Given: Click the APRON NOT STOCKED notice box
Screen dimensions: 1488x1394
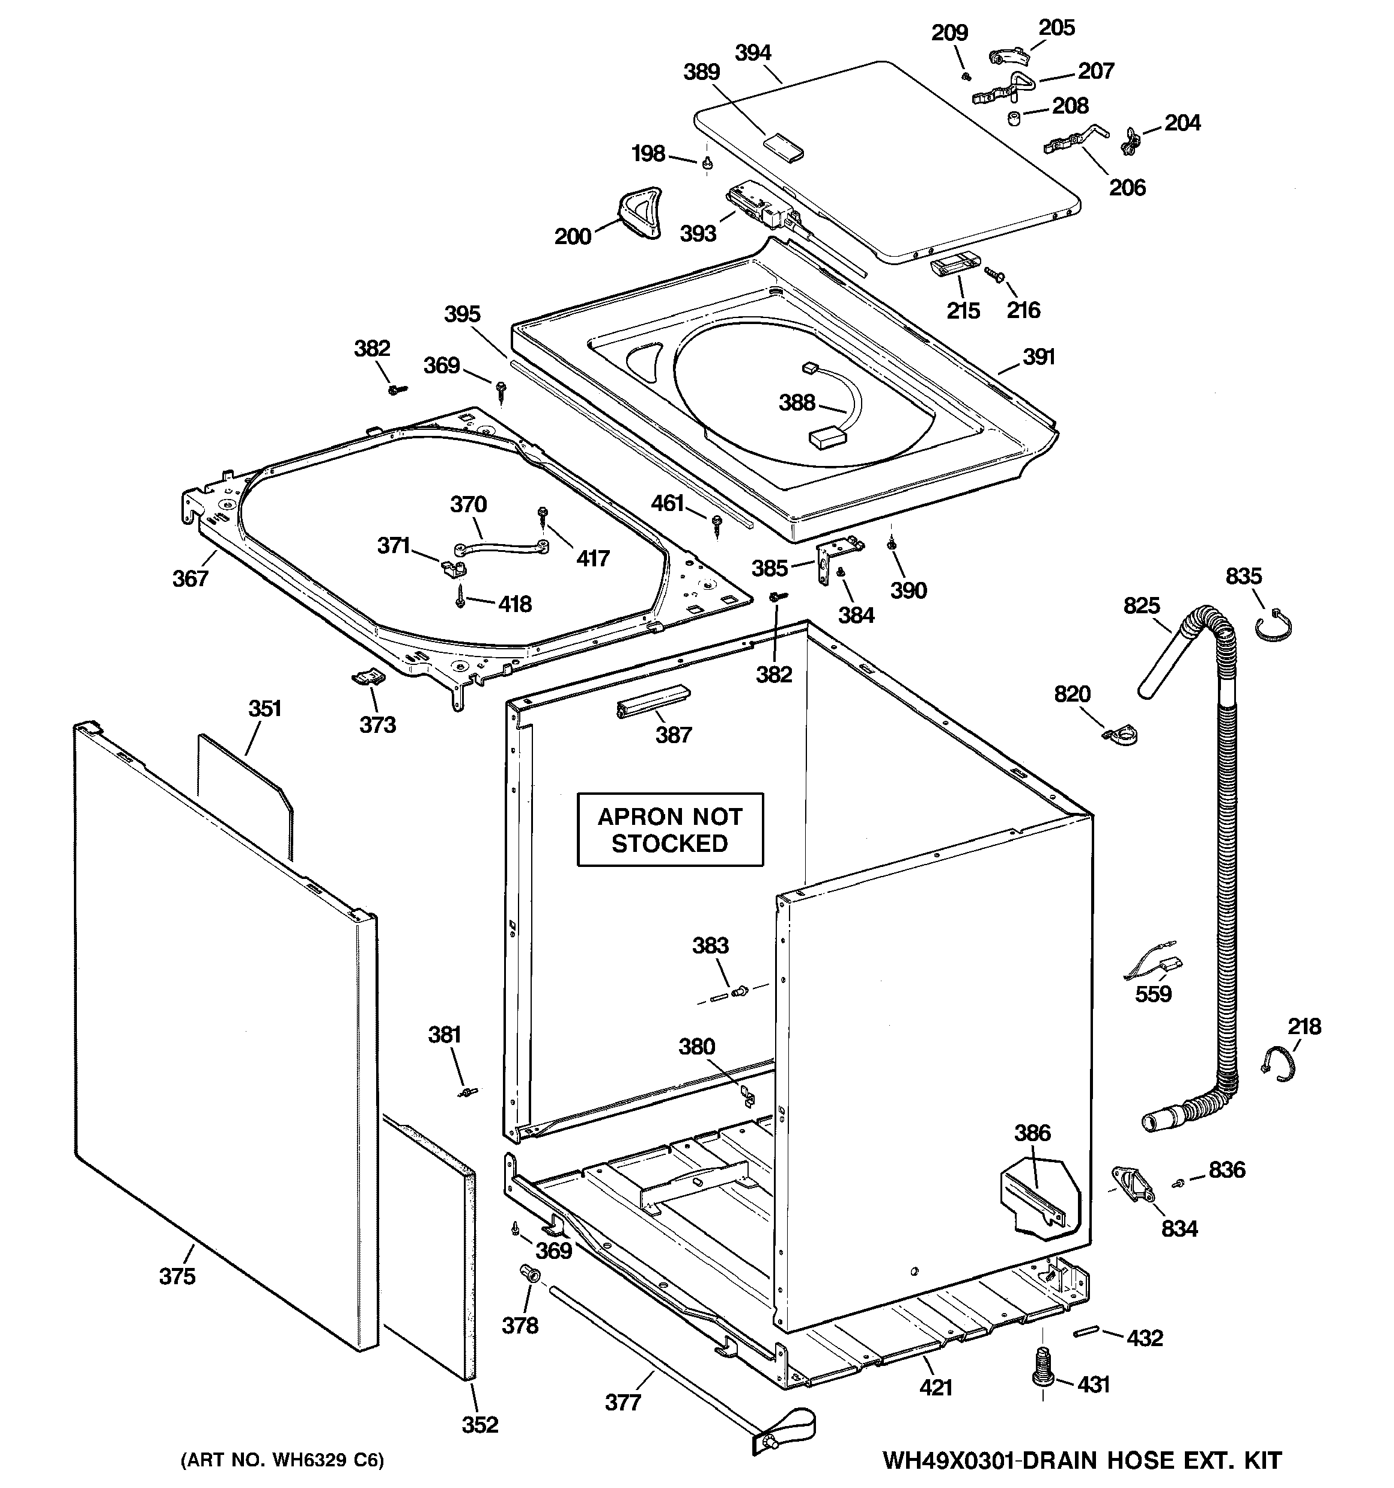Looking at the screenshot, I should (670, 829).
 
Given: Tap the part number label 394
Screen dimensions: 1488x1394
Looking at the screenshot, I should (753, 53).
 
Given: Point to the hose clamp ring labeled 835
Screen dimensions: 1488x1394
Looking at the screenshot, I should (1274, 626).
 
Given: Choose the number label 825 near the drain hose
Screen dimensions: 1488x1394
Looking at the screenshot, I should (1141, 605).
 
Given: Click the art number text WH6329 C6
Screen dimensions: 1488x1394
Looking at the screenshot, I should (282, 1460).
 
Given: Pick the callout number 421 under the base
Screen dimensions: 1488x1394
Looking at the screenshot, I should (936, 1387).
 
